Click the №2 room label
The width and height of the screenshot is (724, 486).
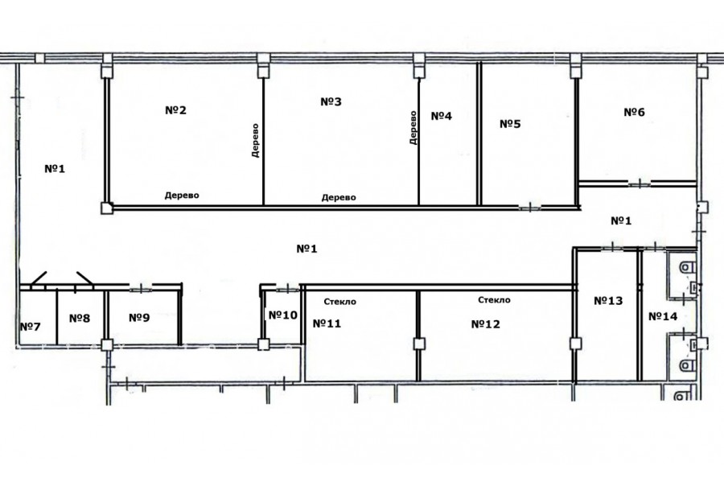[175, 110]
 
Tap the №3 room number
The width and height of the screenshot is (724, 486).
[331, 101]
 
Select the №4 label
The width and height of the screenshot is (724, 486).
[442, 116]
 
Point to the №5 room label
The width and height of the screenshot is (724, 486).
[510, 124]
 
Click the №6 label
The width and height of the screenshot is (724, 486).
[635, 113]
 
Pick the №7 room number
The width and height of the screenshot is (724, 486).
[31, 327]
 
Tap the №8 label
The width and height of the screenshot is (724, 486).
[80, 319]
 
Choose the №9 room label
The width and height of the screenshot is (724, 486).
[139, 318]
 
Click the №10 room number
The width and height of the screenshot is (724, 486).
[283, 315]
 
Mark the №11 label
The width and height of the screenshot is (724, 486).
[327, 323]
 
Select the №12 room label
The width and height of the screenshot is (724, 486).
[486, 324]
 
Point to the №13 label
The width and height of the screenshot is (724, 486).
[608, 301]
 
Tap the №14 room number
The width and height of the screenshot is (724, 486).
[663, 316]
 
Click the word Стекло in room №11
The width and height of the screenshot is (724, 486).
[339, 302]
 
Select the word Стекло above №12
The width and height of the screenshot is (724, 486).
[494, 300]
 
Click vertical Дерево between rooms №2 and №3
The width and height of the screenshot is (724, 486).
[255, 141]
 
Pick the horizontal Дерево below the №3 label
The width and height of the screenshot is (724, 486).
[339, 197]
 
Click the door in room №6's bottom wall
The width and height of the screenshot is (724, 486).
[640, 184]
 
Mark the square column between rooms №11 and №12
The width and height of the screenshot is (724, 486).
[419, 344]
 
